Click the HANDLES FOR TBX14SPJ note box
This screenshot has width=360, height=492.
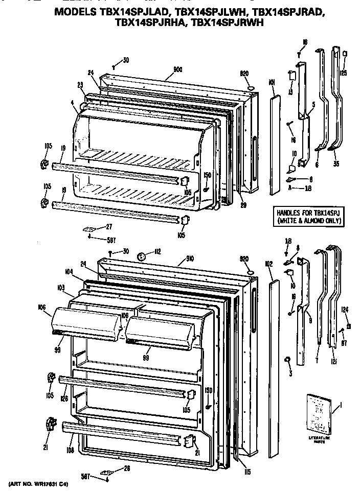pyautogui.click(x=308, y=217)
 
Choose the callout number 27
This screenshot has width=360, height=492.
pyautogui.click(x=109, y=226)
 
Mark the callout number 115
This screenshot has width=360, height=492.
pyautogui.click(x=247, y=471)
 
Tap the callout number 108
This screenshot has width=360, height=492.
pyautogui.click(x=70, y=451)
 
